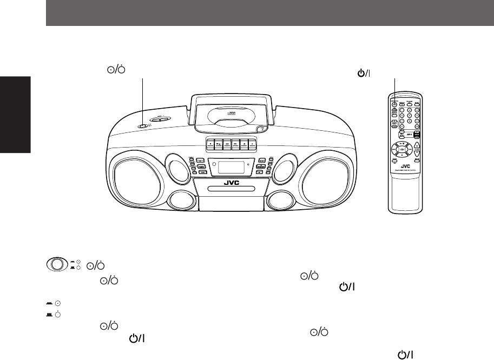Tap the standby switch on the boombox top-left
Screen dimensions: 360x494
(x=143, y=126)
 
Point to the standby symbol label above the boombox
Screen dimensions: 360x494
(x=114, y=70)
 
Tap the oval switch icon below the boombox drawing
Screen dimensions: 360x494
(x=57, y=264)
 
